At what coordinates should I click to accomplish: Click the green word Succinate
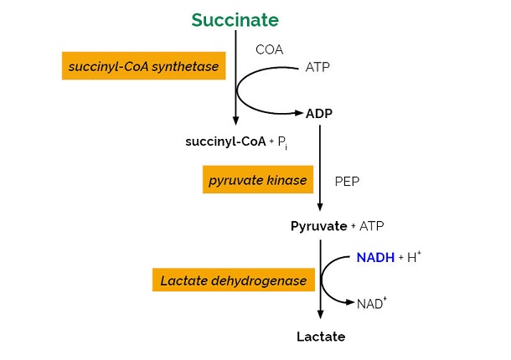pyautogui.click(x=235, y=19)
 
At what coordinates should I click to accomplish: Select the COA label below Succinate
pyautogui.click(x=270, y=49)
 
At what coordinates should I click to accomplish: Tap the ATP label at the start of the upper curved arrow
pyautogui.click(x=317, y=67)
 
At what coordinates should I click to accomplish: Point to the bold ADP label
pyautogui.click(x=319, y=114)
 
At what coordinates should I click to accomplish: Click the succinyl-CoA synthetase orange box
pyautogui.click(x=144, y=66)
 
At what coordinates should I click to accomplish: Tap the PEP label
pyautogui.click(x=348, y=181)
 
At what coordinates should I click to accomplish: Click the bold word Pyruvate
pyautogui.click(x=318, y=226)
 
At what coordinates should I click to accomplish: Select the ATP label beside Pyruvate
pyautogui.click(x=372, y=226)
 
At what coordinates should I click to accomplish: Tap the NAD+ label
pyautogui.click(x=371, y=303)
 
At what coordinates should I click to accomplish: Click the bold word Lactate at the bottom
pyautogui.click(x=320, y=337)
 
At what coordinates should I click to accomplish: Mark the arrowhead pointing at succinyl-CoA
pyautogui.click(x=235, y=121)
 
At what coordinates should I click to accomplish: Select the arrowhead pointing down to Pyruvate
pyautogui.click(x=319, y=209)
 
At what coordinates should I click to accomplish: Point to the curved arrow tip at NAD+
pyautogui.click(x=350, y=302)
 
